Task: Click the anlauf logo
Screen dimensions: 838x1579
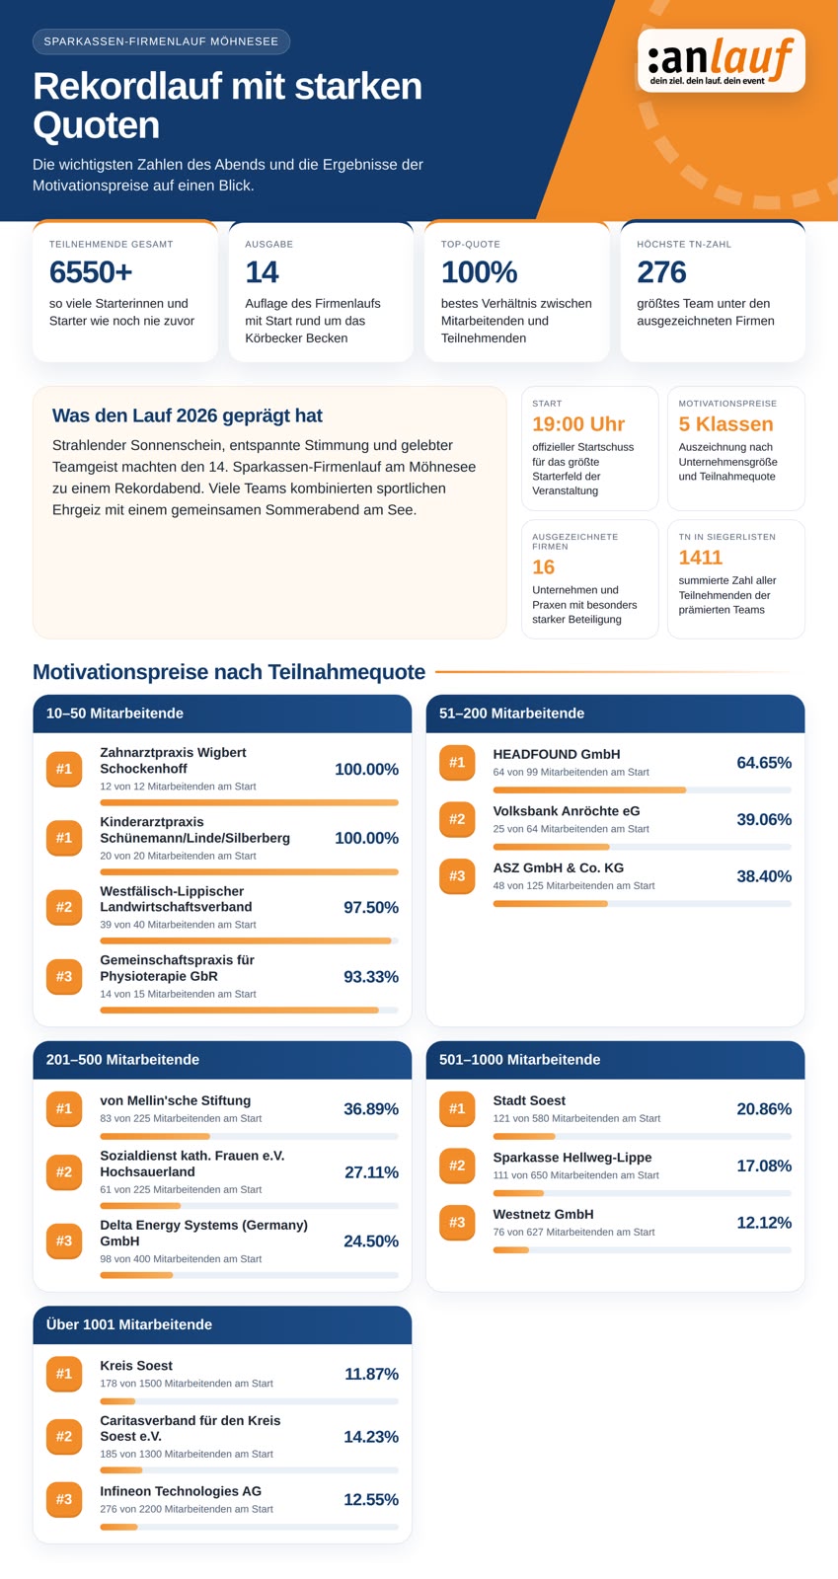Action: [x=721, y=60]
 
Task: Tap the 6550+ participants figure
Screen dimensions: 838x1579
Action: [x=91, y=272]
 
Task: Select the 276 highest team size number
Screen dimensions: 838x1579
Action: [x=661, y=272]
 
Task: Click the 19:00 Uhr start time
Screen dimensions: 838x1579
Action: [x=578, y=423]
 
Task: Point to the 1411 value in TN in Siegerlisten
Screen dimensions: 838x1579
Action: [x=700, y=557]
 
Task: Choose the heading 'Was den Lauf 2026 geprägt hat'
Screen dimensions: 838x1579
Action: [x=187, y=415]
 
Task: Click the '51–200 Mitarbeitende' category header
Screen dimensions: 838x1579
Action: [x=511, y=714]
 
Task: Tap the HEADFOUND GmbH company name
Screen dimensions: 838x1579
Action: [x=556, y=754]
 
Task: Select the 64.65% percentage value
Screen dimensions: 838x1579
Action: [x=764, y=763]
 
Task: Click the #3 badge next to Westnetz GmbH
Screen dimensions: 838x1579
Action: [x=457, y=1223]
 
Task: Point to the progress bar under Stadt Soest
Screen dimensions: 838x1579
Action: [x=642, y=1136]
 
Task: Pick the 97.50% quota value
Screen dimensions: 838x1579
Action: [x=371, y=907]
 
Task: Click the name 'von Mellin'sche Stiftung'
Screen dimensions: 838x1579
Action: [x=175, y=1100]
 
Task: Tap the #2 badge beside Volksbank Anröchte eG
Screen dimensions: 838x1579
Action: [x=457, y=819]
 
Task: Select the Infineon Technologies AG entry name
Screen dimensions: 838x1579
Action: [x=181, y=1491]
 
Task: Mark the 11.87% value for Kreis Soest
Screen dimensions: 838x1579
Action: [x=371, y=1374]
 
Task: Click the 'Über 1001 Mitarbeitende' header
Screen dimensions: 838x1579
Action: [x=129, y=1324]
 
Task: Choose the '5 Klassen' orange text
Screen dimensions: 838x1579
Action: [x=725, y=423]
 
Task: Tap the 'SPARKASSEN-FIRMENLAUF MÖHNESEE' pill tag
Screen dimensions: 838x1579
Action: [x=161, y=41]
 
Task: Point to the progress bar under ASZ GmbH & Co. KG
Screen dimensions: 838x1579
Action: [x=642, y=904]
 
